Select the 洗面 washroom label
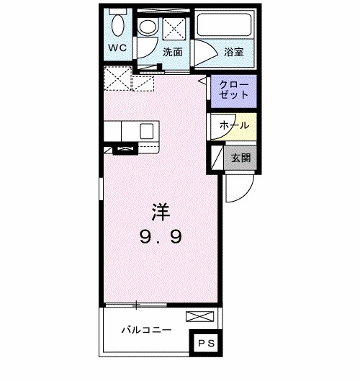(x=171, y=52)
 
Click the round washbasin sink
(x=147, y=27)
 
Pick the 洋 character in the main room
(x=159, y=212)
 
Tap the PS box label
(x=207, y=344)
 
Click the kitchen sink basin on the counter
(x=146, y=131)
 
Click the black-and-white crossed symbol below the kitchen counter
(x=124, y=149)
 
